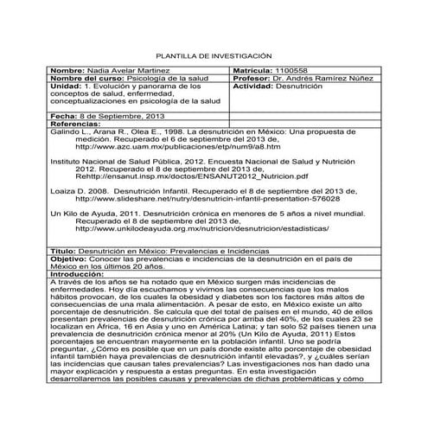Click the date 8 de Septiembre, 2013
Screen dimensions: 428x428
click(120, 115)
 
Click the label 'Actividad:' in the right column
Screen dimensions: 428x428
click(253, 86)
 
